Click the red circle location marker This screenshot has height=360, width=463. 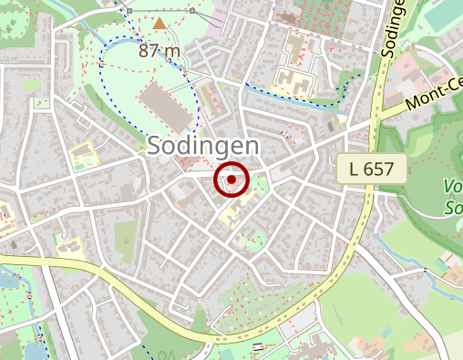[x=231, y=180]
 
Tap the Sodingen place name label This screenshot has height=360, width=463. [x=203, y=146]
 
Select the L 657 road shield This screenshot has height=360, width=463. [x=371, y=168]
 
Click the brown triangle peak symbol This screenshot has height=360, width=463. [x=160, y=24]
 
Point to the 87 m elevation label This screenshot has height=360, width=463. [x=160, y=50]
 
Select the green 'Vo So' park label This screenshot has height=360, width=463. [x=453, y=196]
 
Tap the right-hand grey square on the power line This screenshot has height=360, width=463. [x=192, y=10]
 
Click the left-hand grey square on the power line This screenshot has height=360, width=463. [x=129, y=10]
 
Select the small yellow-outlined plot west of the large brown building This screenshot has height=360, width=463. [x=84, y=154]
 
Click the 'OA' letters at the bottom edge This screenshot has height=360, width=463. [x=165, y=355]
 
